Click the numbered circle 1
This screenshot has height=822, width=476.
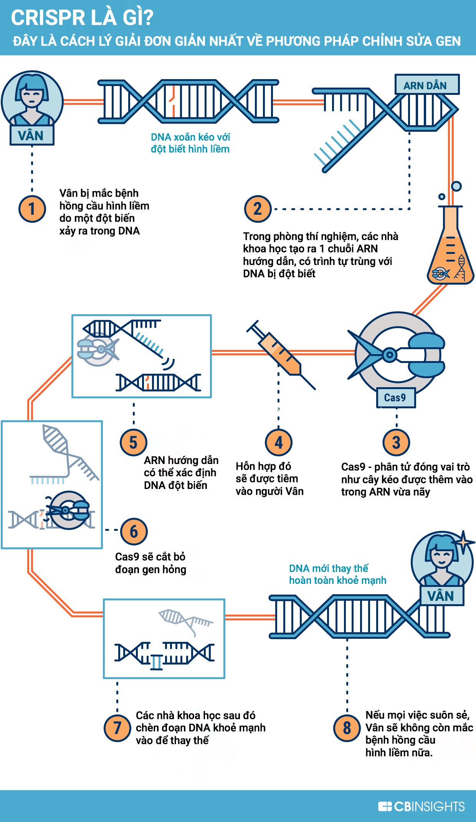coord(32,209)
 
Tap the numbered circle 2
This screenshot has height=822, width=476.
coord(258,209)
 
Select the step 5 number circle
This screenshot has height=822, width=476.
coord(133,442)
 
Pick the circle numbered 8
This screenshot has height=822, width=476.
coord(347,728)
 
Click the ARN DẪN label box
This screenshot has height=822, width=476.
coord(426,85)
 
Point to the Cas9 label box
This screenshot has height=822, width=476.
coord(395,398)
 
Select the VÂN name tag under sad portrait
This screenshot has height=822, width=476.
coord(31,136)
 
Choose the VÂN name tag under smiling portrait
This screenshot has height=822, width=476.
coord(441,596)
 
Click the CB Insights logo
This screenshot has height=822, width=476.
coord(421,806)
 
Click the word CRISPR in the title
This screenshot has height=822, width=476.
coord(48,18)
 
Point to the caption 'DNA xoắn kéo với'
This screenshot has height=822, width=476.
coord(190,137)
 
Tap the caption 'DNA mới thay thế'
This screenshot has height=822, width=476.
coord(328,568)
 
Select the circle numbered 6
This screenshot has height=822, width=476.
coord(134,532)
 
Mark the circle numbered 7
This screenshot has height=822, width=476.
coord(117,728)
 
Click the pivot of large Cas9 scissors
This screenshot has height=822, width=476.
coord(390,355)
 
